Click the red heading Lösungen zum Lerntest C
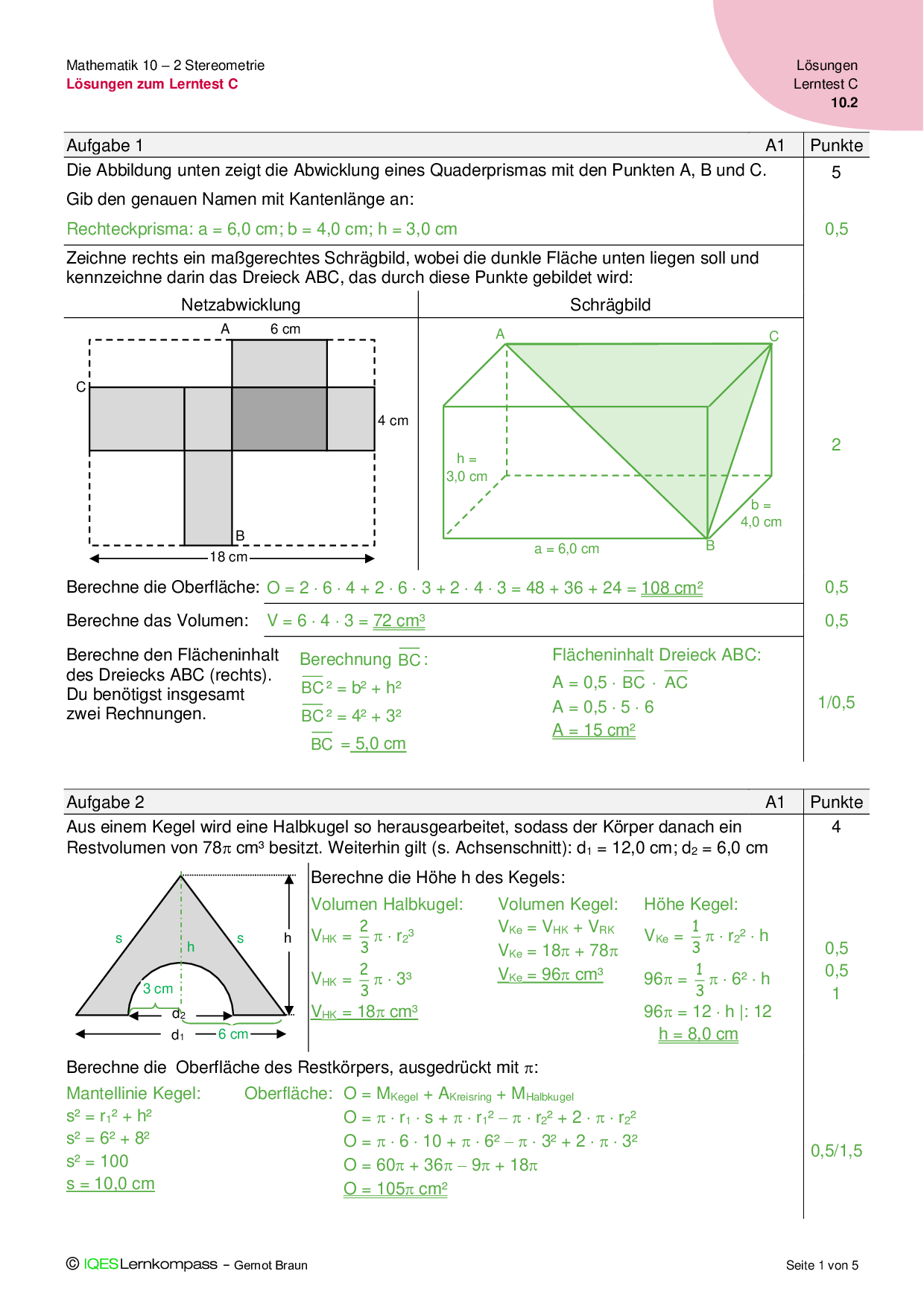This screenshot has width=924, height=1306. (152, 84)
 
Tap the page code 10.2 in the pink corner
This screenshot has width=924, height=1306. (844, 103)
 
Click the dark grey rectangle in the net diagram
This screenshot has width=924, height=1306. (279, 418)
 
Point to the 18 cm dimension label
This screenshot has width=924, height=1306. (228, 557)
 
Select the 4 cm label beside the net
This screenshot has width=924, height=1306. (393, 421)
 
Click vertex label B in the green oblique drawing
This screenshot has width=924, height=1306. (710, 546)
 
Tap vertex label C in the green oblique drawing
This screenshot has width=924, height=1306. (773, 337)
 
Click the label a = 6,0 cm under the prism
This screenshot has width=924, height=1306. (566, 549)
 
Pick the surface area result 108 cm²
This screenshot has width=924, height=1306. (671, 587)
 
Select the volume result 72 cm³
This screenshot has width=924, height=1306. (399, 620)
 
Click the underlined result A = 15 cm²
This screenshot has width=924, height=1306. (594, 730)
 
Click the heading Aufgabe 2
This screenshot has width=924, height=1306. (105, 802)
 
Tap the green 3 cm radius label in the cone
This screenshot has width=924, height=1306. (158, 989)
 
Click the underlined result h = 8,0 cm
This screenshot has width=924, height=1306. (698, 1034)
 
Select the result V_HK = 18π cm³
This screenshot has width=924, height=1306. (364, 1012)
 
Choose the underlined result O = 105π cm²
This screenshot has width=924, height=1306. (395, 1189)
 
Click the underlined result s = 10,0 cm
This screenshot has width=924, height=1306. (110, 1184)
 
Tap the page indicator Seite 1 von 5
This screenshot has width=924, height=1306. (822, 1265)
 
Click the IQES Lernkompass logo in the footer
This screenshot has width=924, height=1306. (143, 1264)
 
